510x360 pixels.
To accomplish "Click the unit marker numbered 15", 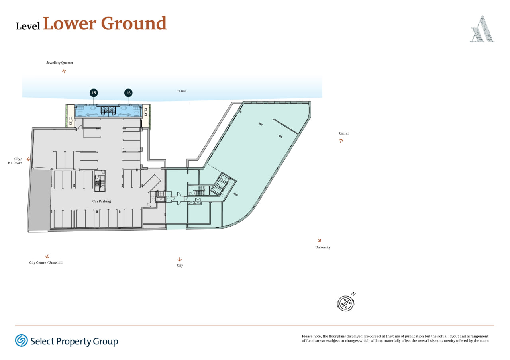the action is pos(94,93).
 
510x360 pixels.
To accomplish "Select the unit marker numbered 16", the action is pos(128,93).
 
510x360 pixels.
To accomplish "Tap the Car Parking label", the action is pos(102,201).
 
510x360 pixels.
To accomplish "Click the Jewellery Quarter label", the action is pos(60,63).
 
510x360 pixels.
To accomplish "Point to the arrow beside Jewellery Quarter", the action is pos(64,71).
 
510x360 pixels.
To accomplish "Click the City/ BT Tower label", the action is pos(15,161).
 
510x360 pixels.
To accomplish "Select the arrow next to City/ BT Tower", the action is pos(28,159).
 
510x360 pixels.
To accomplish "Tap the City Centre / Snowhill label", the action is pos(46,262).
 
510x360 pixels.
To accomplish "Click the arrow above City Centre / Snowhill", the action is pos(47,257).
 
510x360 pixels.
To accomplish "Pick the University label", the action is pos(323,247).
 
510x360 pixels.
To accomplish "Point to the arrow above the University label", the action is pos(319,240).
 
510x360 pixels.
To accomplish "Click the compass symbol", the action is pos(345,303).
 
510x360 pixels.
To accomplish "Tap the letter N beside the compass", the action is pos(353,294).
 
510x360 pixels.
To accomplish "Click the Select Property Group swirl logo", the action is pos(22,340).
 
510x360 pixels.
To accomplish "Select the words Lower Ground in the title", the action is pos(105,23).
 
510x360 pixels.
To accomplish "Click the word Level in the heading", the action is pos(28,26).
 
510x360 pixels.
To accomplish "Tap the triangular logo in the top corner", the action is pos(482,29).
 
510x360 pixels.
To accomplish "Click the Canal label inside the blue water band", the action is pos(181,91).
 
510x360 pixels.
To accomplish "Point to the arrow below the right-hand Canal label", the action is pos(341,141).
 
